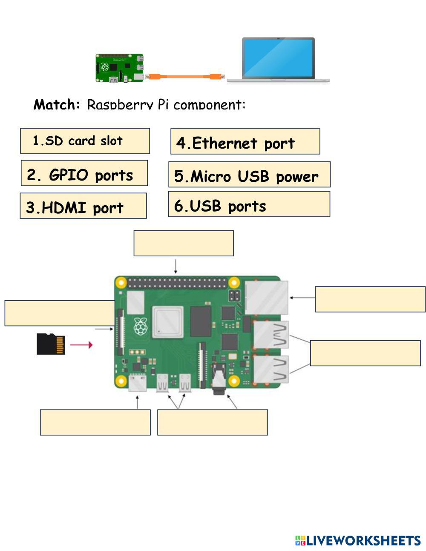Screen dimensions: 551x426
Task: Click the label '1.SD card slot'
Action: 85,141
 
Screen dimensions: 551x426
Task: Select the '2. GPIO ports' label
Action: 84,173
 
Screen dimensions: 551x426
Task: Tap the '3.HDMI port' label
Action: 83,206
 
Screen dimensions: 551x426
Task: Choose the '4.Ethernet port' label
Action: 245,142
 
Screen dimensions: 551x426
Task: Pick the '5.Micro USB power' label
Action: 249,175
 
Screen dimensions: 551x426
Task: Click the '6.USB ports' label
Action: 249,204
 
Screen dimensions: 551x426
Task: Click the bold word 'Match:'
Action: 57,104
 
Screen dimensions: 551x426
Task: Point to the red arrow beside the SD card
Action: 81,344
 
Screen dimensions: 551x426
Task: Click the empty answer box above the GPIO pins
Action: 184,243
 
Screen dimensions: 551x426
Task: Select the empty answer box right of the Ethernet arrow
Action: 370,299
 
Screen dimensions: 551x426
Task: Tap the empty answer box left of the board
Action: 60,313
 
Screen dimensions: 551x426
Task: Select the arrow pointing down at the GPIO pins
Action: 176,266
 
